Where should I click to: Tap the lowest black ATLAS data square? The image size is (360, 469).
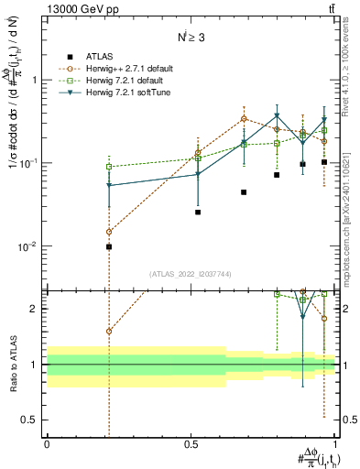(109, 246)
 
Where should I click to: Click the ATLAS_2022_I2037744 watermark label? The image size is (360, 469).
(191, 274)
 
